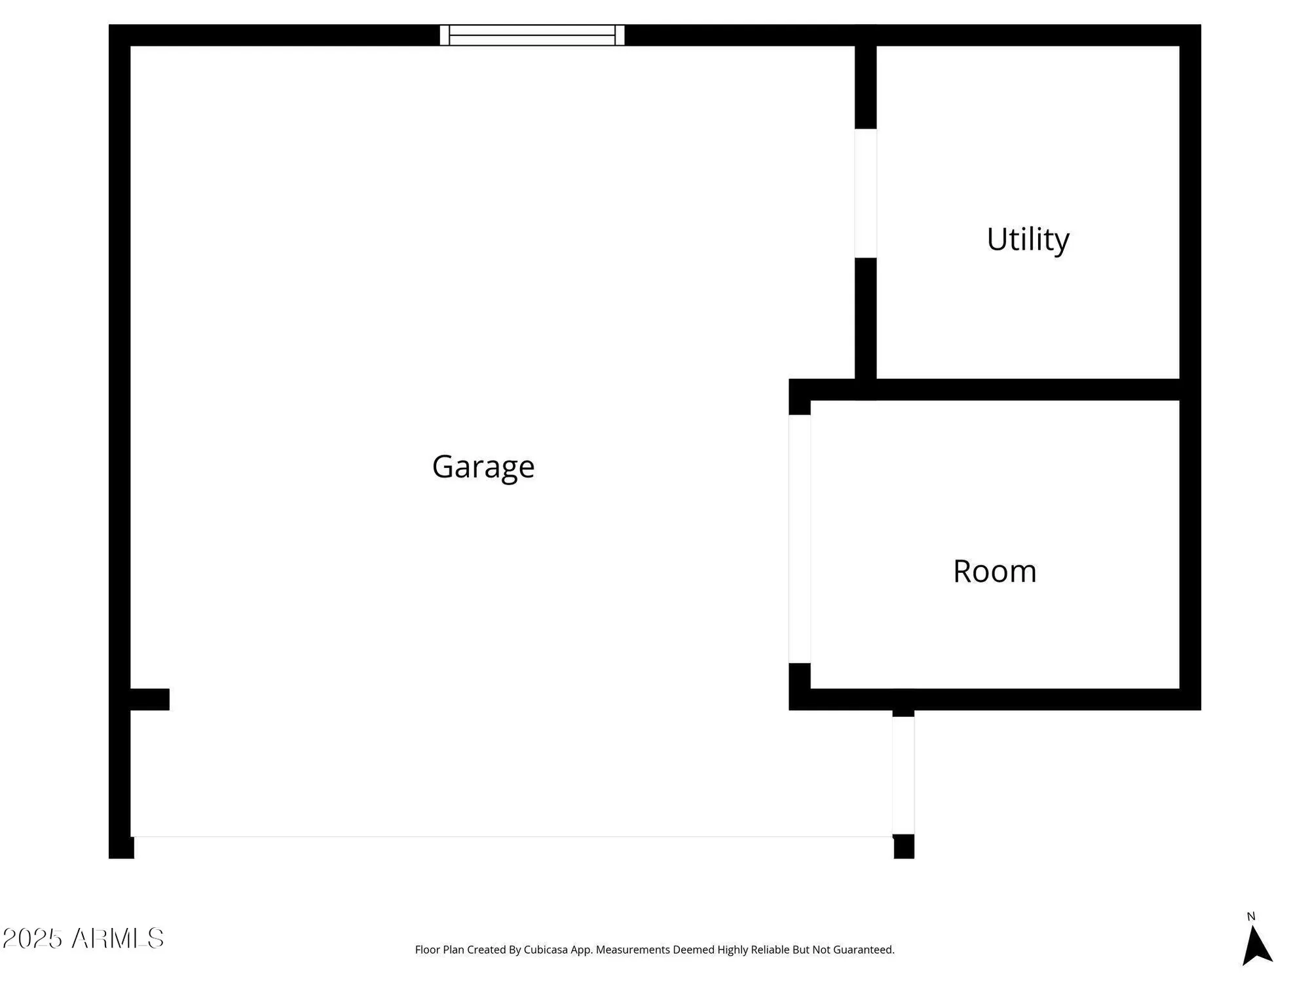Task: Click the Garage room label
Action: coord(483,467)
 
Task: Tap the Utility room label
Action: coord(1028,239)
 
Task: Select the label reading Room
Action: coord(994,571)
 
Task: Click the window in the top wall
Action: coord(532,35)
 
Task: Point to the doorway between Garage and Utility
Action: coord(865,193)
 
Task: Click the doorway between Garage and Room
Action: coord(799,539)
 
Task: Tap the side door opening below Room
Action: coord(903,775)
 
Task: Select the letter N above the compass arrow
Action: coord(1250,917)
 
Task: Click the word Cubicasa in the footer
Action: coord(546,950)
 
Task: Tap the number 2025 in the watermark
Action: coord(32,938)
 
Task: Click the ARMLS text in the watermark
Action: coord(118,938)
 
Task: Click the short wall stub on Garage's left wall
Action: coord(150,699)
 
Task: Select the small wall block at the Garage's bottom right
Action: coord(904,846)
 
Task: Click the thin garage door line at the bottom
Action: coord(511,837)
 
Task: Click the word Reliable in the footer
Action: coord(771,950)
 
